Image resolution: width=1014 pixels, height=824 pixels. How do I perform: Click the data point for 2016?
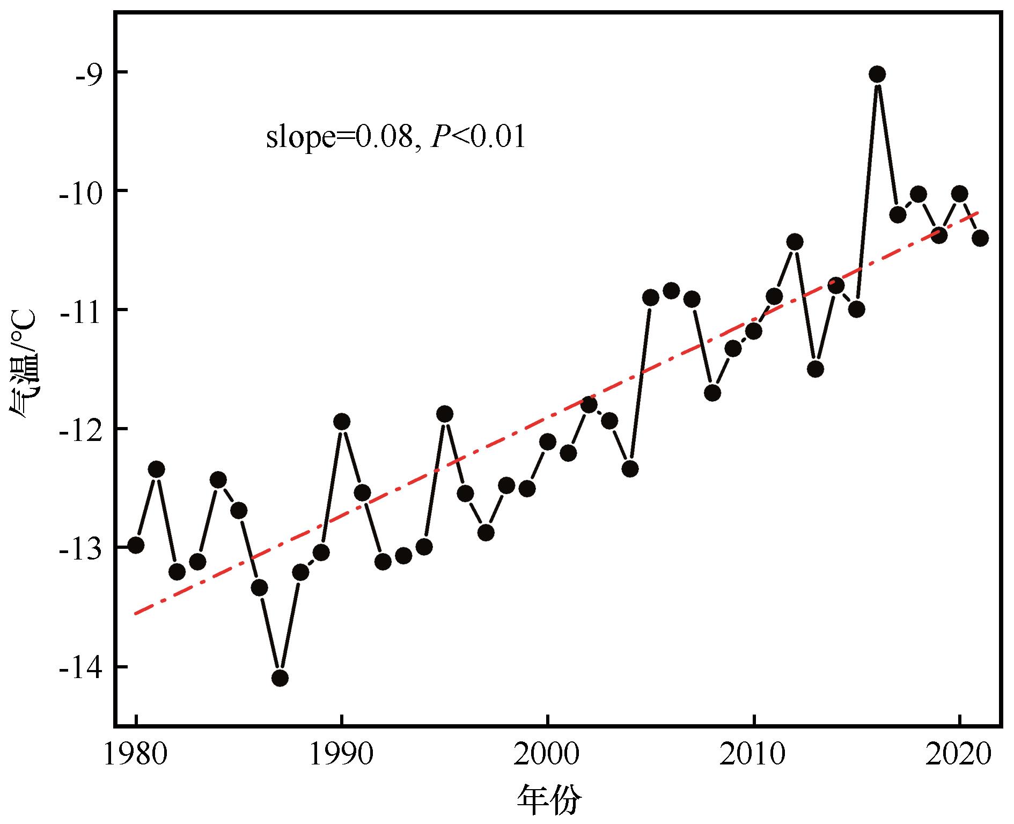coord(877,74)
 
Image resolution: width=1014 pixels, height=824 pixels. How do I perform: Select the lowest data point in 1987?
coord(280,678)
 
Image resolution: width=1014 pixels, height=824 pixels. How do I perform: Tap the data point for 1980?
coord(136,545)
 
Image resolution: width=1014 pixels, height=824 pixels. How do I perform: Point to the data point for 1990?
coord(342,422)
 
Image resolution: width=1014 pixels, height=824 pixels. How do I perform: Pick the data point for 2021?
coord(980,238)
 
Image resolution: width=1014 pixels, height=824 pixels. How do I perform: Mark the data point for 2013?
coord(815,369)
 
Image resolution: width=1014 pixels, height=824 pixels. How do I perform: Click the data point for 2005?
coord(651,297)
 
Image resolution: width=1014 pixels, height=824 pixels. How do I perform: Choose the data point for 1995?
coord(445,414)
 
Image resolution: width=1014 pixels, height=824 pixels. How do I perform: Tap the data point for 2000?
coord(548,442)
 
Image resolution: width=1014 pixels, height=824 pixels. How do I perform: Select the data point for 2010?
coord(754,331)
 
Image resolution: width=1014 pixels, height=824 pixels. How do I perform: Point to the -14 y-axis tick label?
coord(80,667)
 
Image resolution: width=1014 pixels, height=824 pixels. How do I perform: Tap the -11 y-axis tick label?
coord(80,310)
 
